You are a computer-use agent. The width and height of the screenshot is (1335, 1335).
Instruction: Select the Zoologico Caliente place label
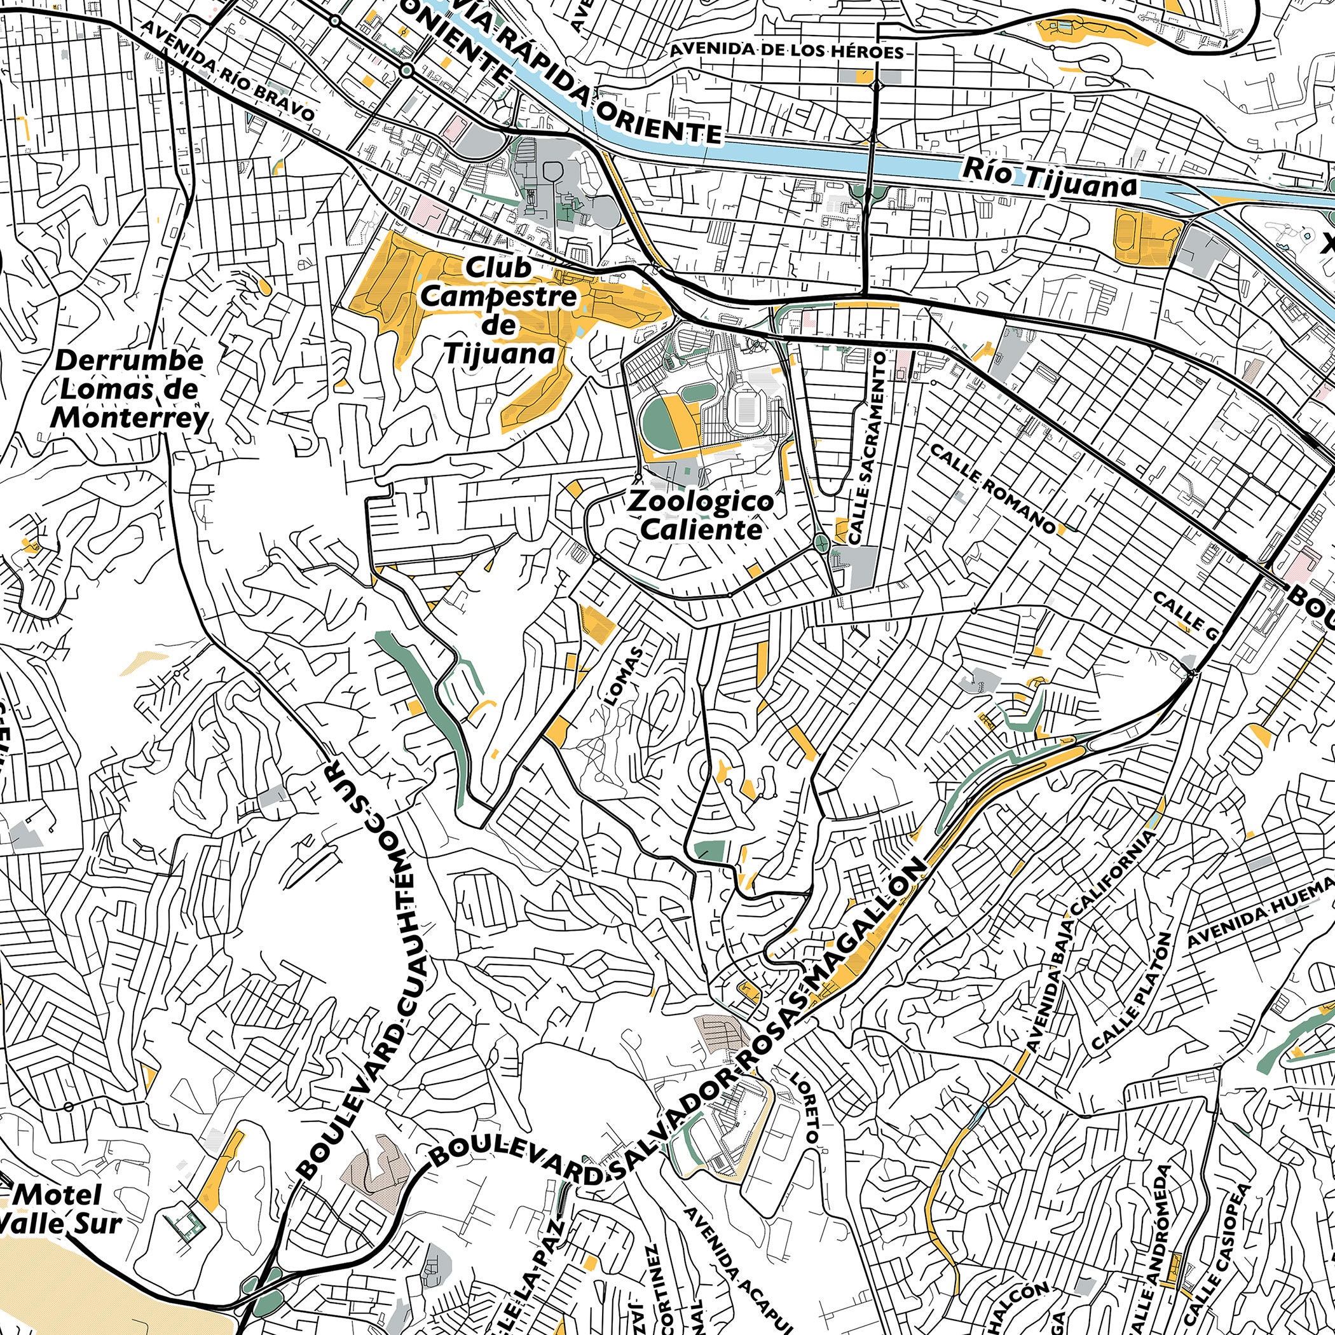pyautogui.click(x=699, y=516)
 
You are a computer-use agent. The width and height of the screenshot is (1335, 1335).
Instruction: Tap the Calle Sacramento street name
pyautogui.click(x=866, y=446)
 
